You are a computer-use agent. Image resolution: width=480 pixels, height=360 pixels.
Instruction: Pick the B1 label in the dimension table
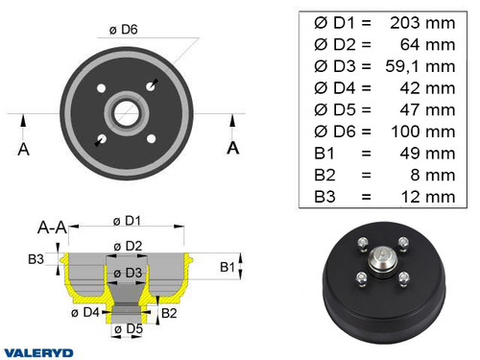(326, 153)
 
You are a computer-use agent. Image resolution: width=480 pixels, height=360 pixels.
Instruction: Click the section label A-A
(51, 228)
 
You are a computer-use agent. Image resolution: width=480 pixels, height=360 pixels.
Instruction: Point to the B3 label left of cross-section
(36, 259)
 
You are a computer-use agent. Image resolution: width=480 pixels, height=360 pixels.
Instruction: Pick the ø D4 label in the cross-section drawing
(88, 311)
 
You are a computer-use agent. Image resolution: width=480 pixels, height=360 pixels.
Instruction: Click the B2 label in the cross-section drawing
(167, 313)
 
